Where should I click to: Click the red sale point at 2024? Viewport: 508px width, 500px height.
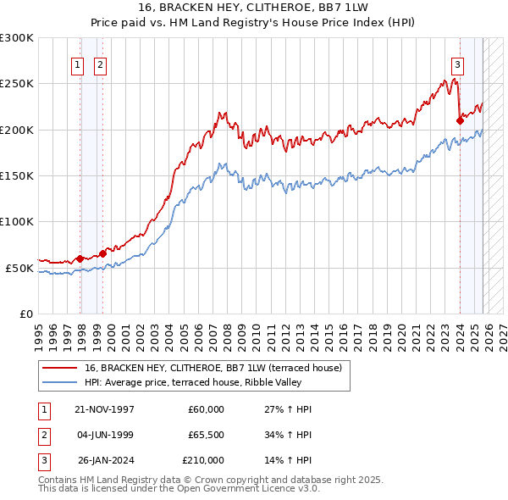(460, 120)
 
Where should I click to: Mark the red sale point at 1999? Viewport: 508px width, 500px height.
(102, 253)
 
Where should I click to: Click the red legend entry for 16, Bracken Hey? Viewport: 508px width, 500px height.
(213, 368)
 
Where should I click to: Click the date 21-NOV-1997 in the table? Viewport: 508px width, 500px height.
(104, 409)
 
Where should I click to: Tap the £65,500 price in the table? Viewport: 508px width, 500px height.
(203, 435)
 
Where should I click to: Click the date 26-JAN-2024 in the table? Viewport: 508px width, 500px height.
(104, 460)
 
